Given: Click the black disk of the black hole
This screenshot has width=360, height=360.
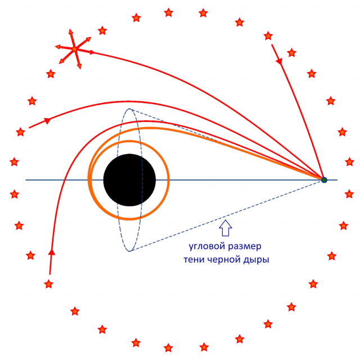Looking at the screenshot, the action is [129, 180].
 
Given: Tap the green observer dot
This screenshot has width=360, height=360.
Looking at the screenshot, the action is [324, 180].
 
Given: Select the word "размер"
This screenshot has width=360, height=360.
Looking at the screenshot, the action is [245, 247].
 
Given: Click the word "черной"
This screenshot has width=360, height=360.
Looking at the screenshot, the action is [224, 260].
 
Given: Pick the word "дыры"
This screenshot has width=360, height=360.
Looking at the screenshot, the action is [256, 260].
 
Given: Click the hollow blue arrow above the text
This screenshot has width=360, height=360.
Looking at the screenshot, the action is [226, 228].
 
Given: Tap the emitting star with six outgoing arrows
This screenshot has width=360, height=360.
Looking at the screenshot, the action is [74, 49].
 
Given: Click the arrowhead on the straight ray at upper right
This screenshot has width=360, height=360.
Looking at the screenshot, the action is [279, 61].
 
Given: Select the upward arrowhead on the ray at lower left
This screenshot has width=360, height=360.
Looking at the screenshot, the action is [52, 251].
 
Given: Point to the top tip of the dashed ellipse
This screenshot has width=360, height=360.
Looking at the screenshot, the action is [129, 109].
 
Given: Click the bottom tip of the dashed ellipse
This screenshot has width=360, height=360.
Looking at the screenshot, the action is [129, 251].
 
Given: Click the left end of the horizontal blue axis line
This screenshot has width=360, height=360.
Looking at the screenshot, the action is [25, 180].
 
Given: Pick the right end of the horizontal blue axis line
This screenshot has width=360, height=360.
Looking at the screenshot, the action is [337, 180].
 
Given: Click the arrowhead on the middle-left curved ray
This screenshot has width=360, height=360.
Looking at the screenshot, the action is [47, 120].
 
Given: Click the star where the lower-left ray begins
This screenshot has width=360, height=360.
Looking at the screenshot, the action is [49, 284].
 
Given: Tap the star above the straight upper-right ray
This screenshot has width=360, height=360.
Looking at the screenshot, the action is [268, 36].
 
